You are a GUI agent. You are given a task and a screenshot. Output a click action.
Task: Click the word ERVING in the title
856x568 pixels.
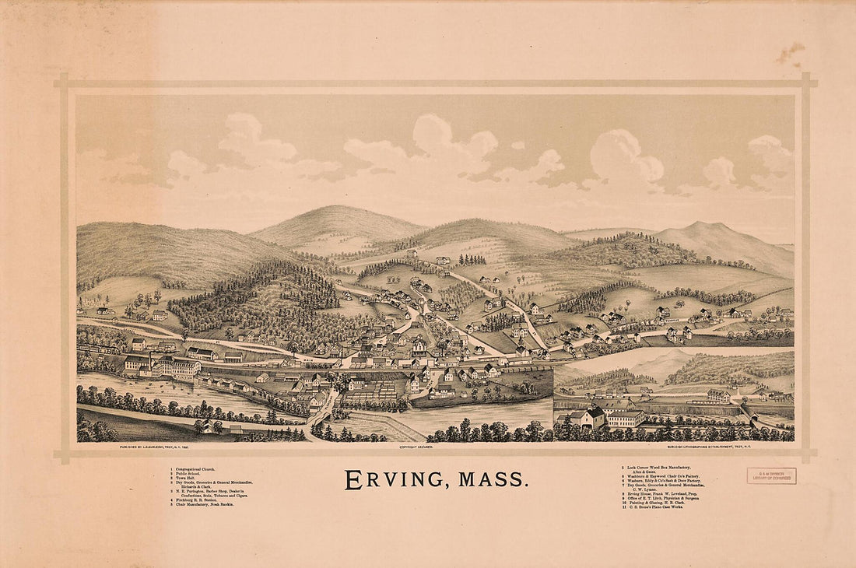click(393, 480)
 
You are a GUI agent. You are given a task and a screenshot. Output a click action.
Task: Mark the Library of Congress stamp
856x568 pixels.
click(771, 475)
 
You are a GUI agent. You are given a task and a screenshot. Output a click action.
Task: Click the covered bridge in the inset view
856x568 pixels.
click(749, 410)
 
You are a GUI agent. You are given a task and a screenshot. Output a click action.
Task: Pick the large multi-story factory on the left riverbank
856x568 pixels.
click(167, 366)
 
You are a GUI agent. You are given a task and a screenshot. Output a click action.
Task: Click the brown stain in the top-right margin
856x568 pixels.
click(790, 53)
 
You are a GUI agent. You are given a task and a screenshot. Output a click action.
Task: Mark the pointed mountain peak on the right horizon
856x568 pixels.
click(704, 226)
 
